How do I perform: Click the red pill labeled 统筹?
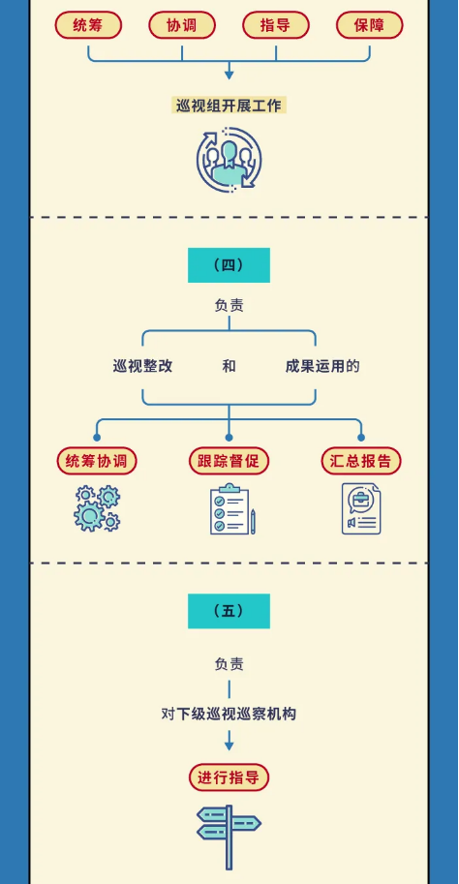click(88, 25)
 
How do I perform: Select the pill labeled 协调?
click(182, 25)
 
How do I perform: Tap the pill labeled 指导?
click(276, 25)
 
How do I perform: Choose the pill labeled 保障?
click(370, 25)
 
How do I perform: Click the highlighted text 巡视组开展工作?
click(229, 106)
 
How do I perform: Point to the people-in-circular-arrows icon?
click(229, 160)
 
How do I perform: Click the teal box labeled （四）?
click(229, 265)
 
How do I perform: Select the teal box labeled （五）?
click(229, 611)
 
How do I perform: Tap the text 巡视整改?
click(142, 366)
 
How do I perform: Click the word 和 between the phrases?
click(229, 366)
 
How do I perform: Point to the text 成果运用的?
click(322, 366)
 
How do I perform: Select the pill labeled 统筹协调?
click(97, 461)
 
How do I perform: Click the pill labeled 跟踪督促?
click(229, 461)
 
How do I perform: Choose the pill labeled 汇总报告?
click(361, 461)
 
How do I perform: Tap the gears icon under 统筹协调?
click(97, 508)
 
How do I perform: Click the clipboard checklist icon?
click(231, 508)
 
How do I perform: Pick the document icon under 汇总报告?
click(361, 508)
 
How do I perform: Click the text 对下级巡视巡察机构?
click(229, 715)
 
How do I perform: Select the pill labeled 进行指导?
click(229, 778)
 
